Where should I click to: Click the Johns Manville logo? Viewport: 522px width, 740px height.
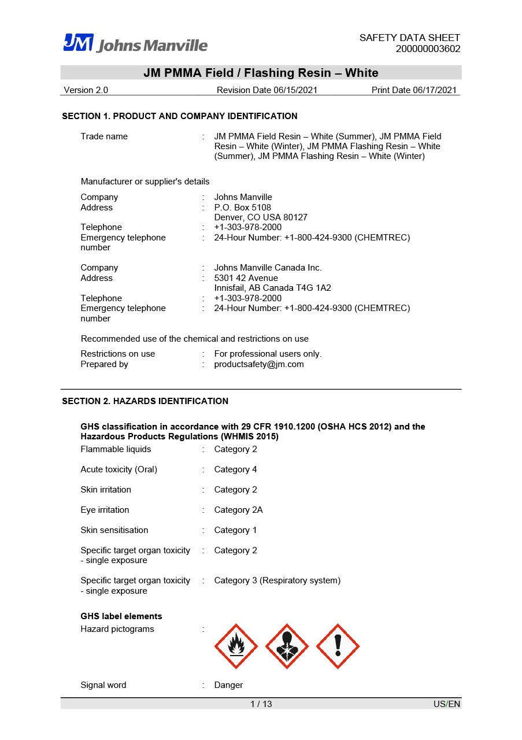click(135, 43)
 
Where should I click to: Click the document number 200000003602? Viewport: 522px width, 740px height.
click(428, 49)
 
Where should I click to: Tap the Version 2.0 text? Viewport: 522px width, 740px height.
click(86, 90)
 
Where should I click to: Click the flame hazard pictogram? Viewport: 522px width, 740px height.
click(236, 646)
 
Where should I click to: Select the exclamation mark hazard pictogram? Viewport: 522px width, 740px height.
click(338, 646)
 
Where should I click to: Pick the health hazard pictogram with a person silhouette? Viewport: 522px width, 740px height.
click(287, 646)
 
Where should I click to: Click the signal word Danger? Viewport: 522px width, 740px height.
click(228, 685)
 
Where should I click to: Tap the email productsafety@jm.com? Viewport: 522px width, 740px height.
click(258, 364)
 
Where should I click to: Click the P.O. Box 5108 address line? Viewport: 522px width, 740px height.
click(242, 208)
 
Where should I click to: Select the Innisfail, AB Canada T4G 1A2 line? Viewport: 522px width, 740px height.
click(272, 288)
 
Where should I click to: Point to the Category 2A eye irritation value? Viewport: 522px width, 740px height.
click(238, 510)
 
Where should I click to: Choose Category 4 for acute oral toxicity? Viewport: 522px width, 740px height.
click(235, 469)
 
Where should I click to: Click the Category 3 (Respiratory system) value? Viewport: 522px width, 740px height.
click(277, 580)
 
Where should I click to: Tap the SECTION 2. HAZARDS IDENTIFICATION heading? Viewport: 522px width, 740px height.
click(145, 401)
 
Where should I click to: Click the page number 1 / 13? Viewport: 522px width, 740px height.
click(261, 704)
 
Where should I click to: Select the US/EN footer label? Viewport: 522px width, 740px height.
click(447, 704)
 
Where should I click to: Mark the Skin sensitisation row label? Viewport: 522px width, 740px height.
click(114, 530)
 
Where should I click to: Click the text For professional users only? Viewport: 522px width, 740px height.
click(268, 354)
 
